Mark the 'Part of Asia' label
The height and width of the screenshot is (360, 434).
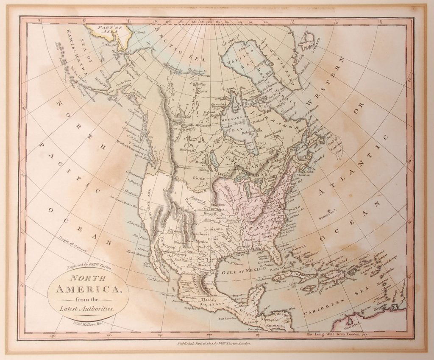pyautogui.click(x=107, y=28)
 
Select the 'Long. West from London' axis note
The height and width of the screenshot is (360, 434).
pyautogui.click(x=337, y=335)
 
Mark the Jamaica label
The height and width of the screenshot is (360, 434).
pyautogui.click(x=309, y=289)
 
